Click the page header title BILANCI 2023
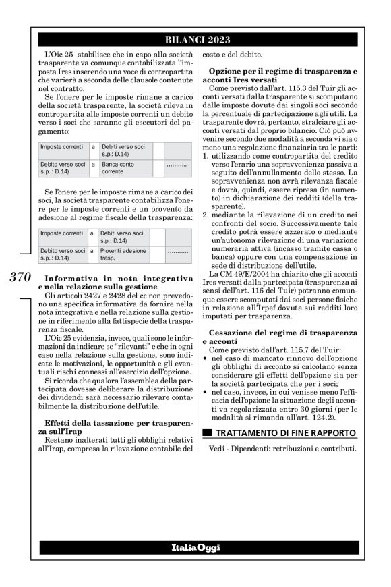coord(196,39)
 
